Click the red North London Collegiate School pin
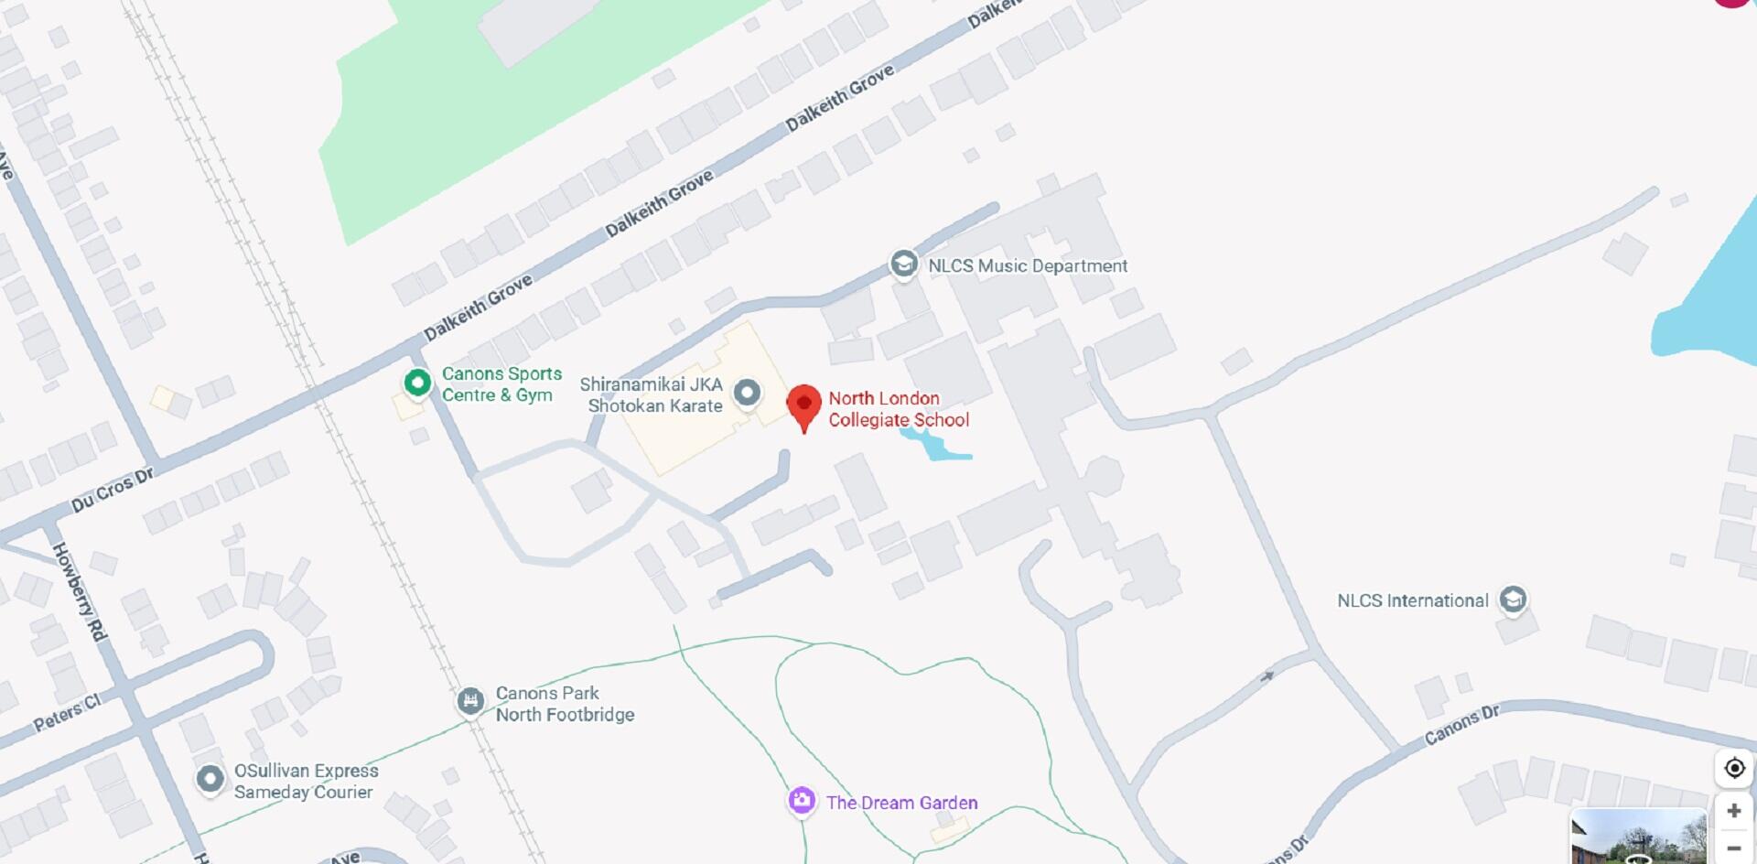(x=804, y=405)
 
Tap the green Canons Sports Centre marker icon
(x=417, y=383)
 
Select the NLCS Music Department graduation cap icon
(x=903, y=265)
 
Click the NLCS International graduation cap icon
(x=1513, y=599)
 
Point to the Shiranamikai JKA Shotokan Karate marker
(x=748, y=394)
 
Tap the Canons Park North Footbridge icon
(x=470, y=702)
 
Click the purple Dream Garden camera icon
(x=802, y=801)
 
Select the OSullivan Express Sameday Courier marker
(x=210, y=780)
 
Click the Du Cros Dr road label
(x=113, y=490)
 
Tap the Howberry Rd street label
(x=80, y=591)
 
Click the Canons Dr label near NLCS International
(x=1461, y=725)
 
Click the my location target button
(x=1734, y=768)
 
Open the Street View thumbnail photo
(x=1638, y=837)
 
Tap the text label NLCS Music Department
(x=1028, y=266)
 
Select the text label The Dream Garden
(x=901, y=803)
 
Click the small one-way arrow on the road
(x=1267, y=677)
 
